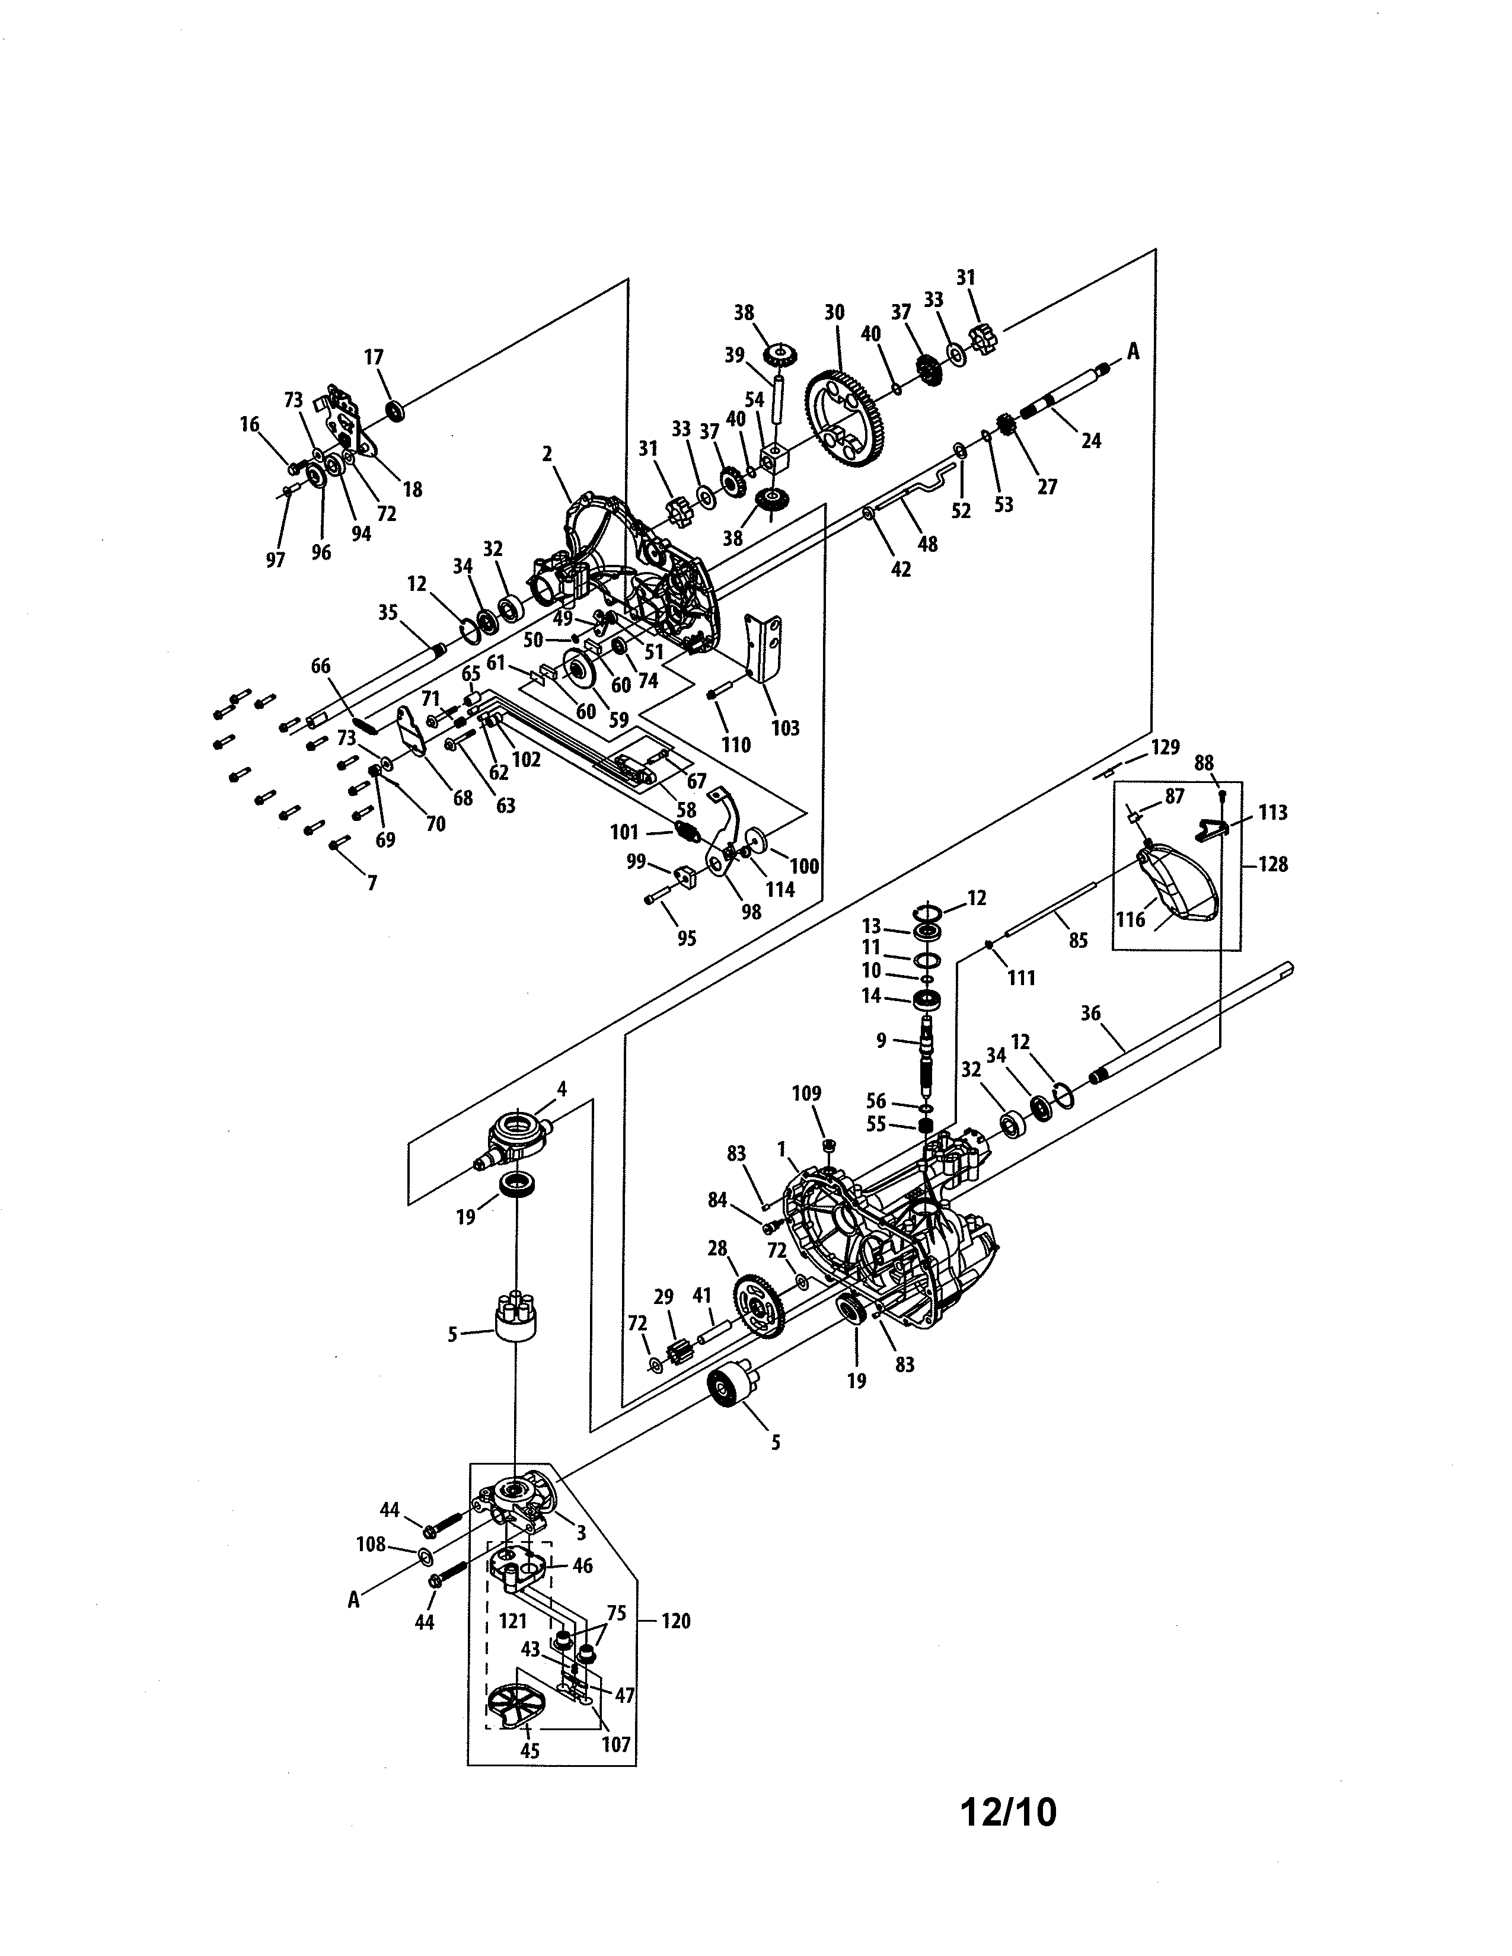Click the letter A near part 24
[1133, 352]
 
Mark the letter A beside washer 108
[354, 1600]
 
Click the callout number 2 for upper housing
[547, 454]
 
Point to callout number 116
[1130, 919]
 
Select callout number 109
[806, 1094]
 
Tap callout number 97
[275, 560]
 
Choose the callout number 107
[616, 1744]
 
